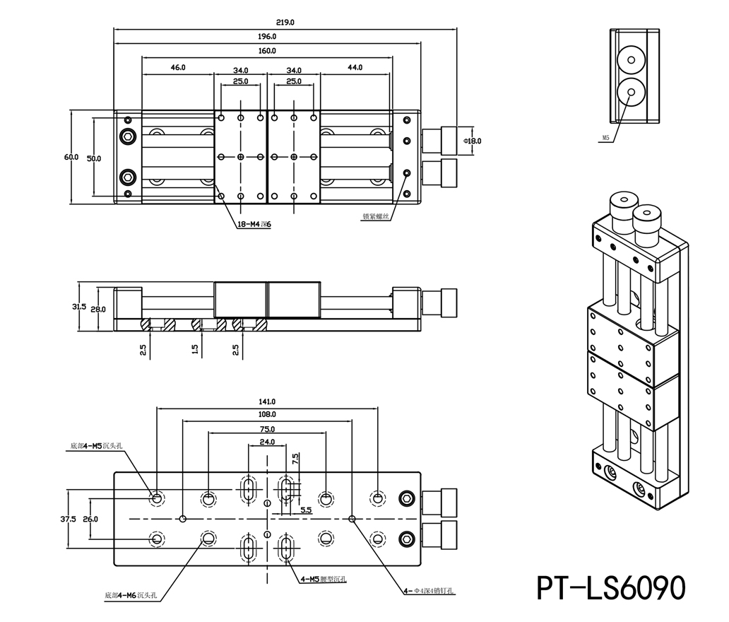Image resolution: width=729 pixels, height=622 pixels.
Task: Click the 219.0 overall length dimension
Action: coord(286,23)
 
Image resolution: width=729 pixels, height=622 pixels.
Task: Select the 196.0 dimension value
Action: coord(268,36)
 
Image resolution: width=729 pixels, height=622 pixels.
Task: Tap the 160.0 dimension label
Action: coord(268,51)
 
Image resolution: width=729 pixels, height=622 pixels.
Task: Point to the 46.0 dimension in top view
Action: coord(178,68)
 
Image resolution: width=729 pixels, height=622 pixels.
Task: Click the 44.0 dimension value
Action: coord(355,68)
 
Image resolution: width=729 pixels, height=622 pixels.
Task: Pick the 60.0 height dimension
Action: coord(71,157)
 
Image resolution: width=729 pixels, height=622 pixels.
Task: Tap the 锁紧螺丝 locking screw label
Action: coord(376,217)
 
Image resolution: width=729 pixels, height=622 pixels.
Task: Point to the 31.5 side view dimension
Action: coord(80,307)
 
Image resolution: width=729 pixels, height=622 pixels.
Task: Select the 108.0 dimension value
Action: coord(268,414)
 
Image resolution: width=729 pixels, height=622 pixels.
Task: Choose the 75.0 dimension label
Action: coord(267,429)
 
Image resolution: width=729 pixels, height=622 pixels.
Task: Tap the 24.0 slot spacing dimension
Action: coord(267,442)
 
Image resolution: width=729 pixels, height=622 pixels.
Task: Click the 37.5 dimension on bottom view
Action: coord(69,519)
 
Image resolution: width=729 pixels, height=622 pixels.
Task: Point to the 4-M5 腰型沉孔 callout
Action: coord(324,580)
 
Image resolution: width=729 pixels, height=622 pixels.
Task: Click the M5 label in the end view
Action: coord(605,139)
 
